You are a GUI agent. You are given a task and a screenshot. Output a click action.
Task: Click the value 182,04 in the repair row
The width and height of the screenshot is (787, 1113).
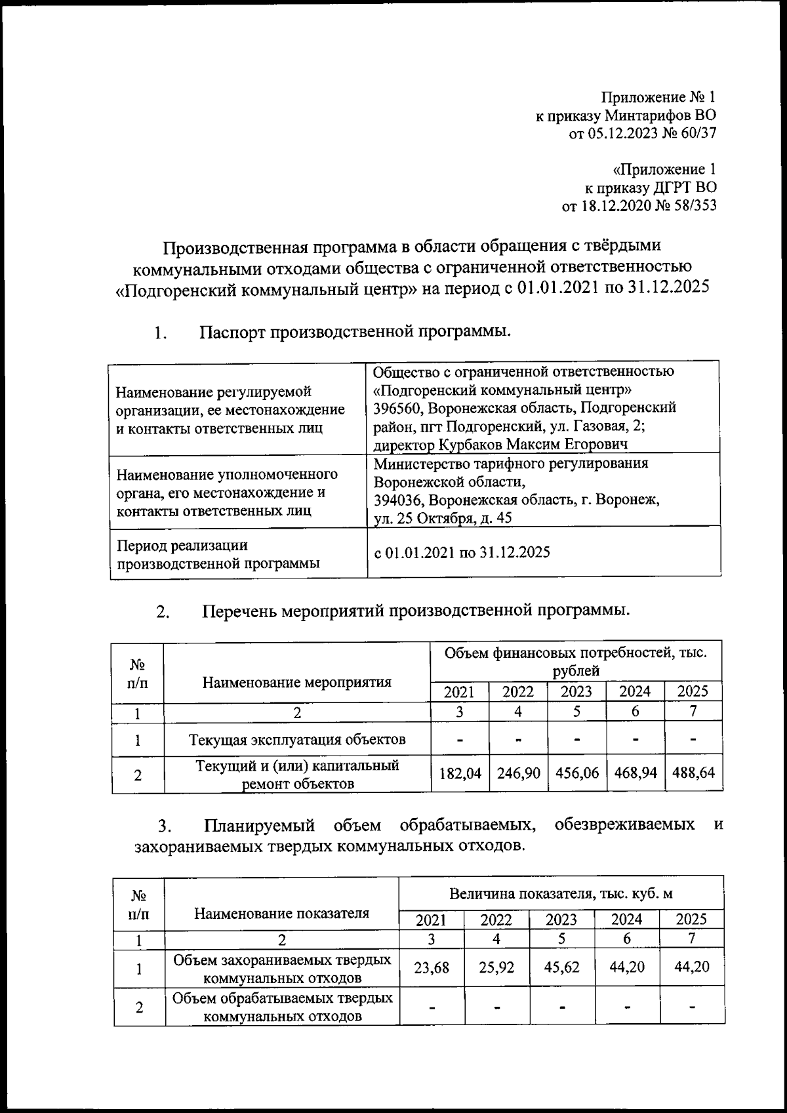click(x=460, y=773)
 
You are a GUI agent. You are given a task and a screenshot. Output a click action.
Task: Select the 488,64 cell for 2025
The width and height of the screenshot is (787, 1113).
click(x=693, y=773)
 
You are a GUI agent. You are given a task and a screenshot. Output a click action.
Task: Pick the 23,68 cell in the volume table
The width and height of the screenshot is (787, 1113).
click(x=432, y=967)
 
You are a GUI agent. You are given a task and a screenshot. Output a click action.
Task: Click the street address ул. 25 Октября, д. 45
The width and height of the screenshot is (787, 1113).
click(x=443, y=518)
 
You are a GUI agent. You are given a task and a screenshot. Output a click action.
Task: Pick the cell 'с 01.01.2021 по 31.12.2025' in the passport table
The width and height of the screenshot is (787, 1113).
click(x=462, y=552)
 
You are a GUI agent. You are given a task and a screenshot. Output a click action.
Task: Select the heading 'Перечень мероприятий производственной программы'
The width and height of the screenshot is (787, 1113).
click(x=416, y=611)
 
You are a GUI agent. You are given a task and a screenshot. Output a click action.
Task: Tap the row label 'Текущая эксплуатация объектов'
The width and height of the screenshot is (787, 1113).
click(x=297, y=740)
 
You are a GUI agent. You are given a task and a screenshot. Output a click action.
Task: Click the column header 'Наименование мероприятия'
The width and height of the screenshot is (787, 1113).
click(x=296, y=682)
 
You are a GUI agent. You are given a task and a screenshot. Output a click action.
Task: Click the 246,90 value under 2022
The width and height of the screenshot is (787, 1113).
click(x=518, y=773)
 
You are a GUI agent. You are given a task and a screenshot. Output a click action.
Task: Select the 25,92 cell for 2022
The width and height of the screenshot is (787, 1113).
click(x=496, y=967)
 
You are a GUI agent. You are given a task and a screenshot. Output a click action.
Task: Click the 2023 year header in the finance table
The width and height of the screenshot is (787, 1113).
click(x=576, y=691)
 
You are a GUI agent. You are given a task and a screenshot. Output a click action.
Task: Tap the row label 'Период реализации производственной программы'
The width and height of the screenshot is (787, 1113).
click(x=218, y=554)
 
